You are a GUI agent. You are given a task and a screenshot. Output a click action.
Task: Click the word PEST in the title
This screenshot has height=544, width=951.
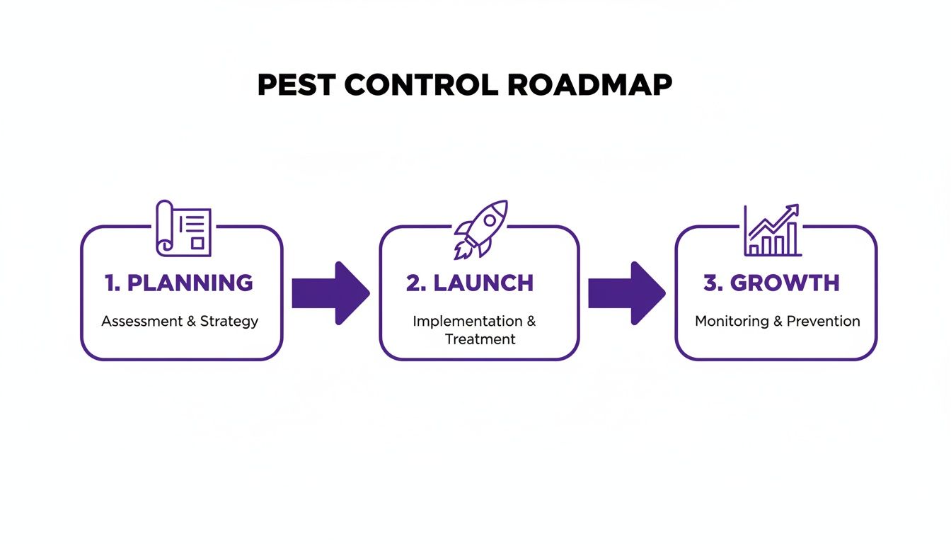click(x=296, y=85)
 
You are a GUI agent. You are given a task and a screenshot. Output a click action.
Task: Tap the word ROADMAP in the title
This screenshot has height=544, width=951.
click(x=590, y=85)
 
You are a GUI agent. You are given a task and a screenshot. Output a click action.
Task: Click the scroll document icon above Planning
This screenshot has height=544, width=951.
click(x=183, y=227)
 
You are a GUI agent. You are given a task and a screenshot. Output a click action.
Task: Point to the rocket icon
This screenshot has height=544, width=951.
click(x=481, y=228)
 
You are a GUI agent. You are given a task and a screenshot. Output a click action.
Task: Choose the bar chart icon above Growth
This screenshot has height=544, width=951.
click(x=773, y=231)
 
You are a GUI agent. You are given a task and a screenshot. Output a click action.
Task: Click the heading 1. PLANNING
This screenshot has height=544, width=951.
click(x=179, y=283)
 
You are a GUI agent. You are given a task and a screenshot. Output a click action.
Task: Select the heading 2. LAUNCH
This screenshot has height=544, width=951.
click(x=470, y=283)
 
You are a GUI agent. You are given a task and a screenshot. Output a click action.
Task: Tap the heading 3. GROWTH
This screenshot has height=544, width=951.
click(x=771, y=283)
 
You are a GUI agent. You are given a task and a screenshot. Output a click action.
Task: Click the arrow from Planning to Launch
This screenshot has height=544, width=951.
click(x=330, y=293)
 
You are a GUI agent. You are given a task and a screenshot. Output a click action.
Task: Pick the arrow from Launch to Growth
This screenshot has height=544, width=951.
click(x=626, y=293)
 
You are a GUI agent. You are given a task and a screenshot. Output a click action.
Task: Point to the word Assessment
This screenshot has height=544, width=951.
click(x=142, y=322)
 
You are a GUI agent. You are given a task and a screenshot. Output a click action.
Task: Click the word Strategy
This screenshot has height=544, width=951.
click(x=229, y=322)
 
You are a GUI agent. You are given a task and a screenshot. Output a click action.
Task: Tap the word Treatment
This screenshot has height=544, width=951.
click(x=480, y=339)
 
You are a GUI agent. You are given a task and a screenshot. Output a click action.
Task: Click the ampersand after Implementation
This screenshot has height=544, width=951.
click(x=531, y=321)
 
